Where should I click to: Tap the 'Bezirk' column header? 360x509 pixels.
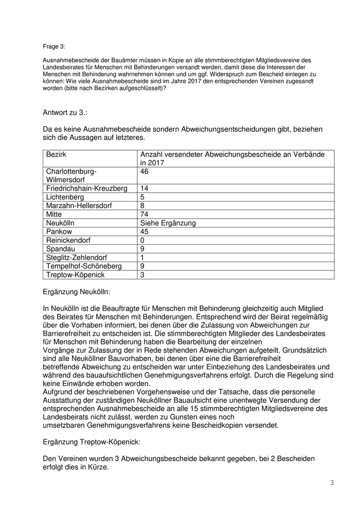(x=56, y=155)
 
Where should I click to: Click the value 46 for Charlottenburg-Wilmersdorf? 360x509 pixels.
(x=145, y=171)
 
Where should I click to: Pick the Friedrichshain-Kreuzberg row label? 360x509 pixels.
(x=86, y=189)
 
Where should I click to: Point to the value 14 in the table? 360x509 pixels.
(x=145, y=189)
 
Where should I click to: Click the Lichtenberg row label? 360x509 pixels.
(x=65, y=197)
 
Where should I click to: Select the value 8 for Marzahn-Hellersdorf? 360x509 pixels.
(x=142, y=206)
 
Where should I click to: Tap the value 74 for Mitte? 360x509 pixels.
(x=145, y=214)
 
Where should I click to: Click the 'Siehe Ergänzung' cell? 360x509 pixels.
(x=168, y=223)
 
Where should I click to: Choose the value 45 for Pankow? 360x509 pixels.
(x=145, y=232)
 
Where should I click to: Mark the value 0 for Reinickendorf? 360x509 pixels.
(x=142, y=240)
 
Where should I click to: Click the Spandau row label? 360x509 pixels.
(x=61, y=249)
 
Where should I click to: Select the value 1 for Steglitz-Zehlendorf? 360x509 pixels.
(x=142, y=258)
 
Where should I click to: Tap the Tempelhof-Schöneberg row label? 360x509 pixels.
(x=84, y=266)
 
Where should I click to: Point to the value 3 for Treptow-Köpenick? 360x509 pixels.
(x=142, y=275)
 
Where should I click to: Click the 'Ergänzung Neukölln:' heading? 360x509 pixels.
(x=80, y=292)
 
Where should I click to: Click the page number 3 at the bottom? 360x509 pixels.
(x=332, y=482)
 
